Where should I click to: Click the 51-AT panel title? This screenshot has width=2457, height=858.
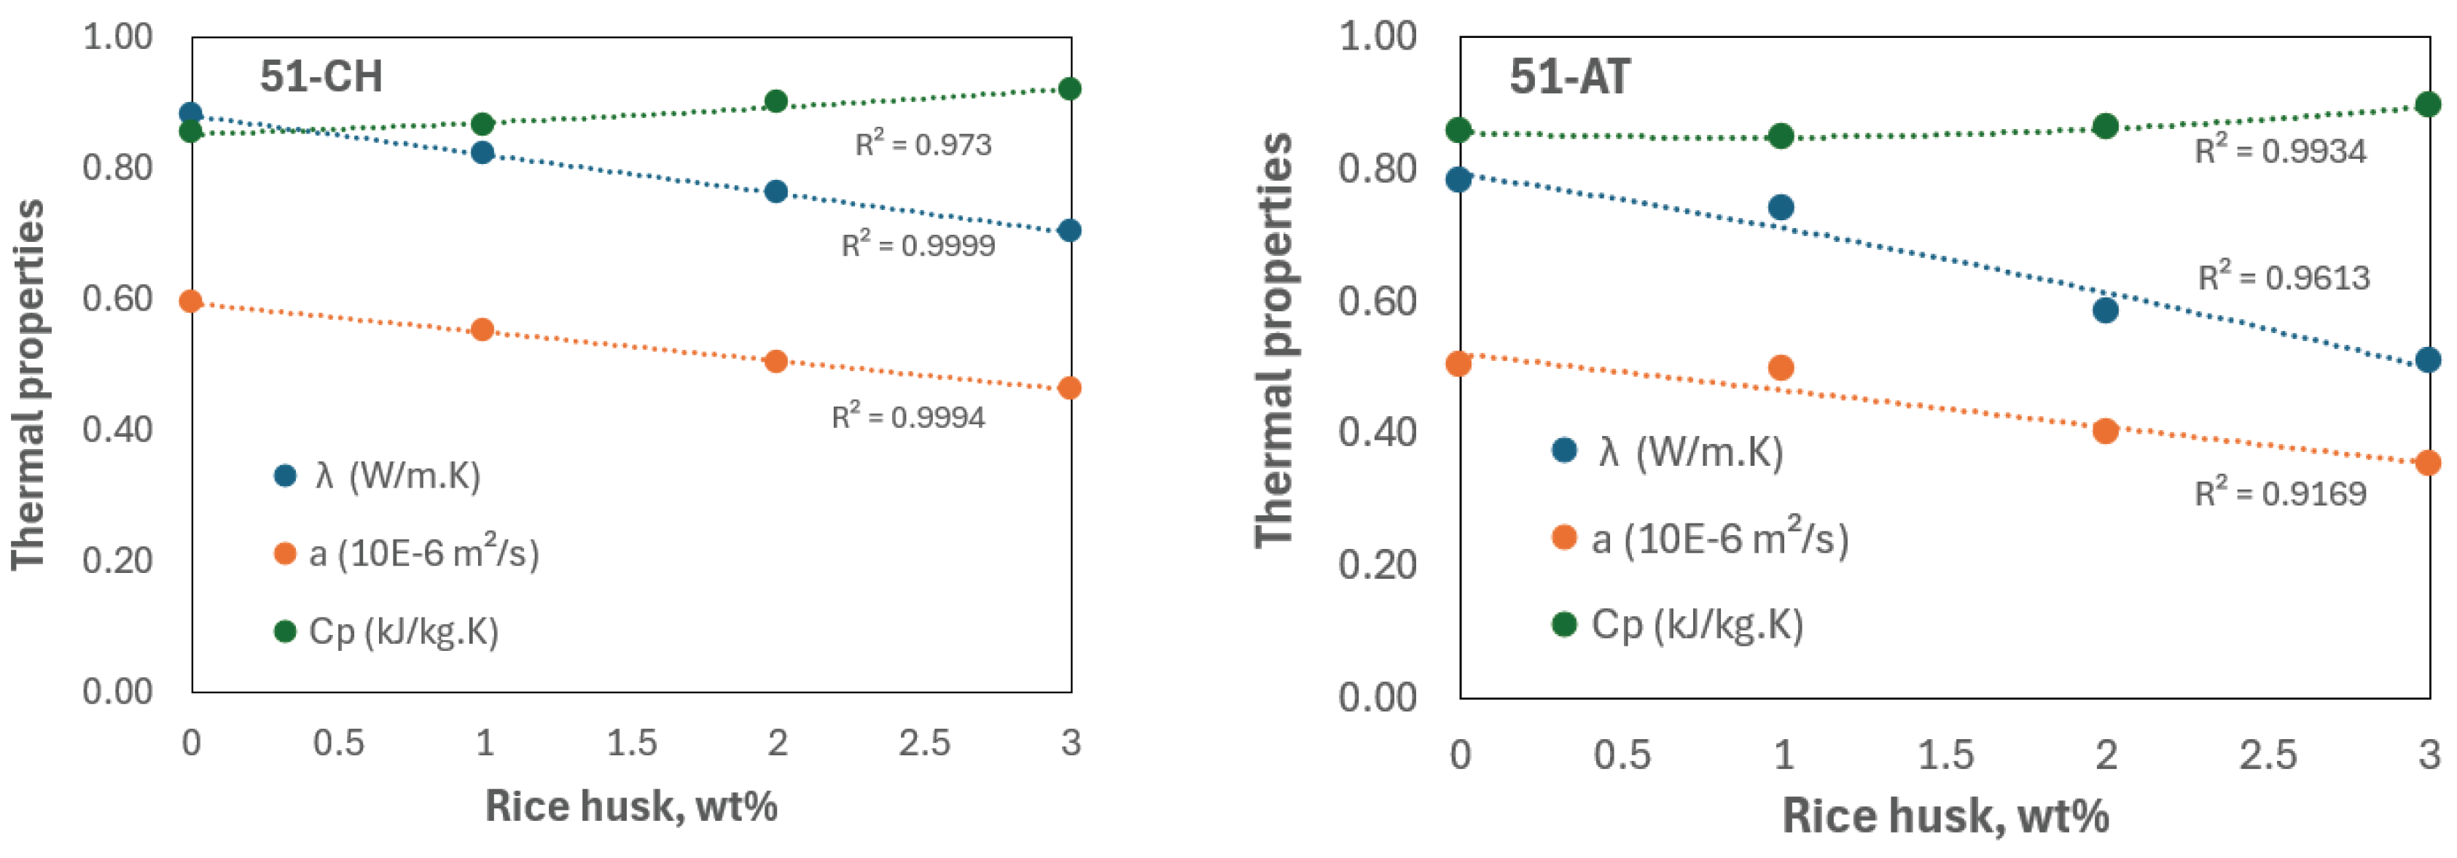[1569, 77]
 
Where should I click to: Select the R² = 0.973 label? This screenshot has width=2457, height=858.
[922, 145]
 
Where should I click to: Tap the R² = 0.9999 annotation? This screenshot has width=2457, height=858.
[918, 245]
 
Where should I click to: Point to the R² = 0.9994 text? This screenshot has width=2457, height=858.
[908, 417]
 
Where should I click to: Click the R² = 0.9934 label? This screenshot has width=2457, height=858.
[2280, 151]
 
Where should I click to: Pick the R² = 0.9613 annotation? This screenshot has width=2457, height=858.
[2284, 278]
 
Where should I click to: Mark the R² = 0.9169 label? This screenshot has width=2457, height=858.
[2280, 494]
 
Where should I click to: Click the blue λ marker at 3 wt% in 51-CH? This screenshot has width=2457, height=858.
[1069, 230]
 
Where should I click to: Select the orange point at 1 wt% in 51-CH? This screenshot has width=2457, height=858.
[483, 329]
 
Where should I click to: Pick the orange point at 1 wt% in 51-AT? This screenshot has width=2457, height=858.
[1781, 367]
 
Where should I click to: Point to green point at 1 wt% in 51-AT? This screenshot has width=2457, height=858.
[1781, 136]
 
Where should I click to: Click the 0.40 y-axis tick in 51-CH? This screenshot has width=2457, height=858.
[117, 429]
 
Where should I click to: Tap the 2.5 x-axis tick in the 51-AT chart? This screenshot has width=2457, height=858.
[2267, 756]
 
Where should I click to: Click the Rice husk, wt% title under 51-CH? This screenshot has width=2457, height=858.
[630, 806]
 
